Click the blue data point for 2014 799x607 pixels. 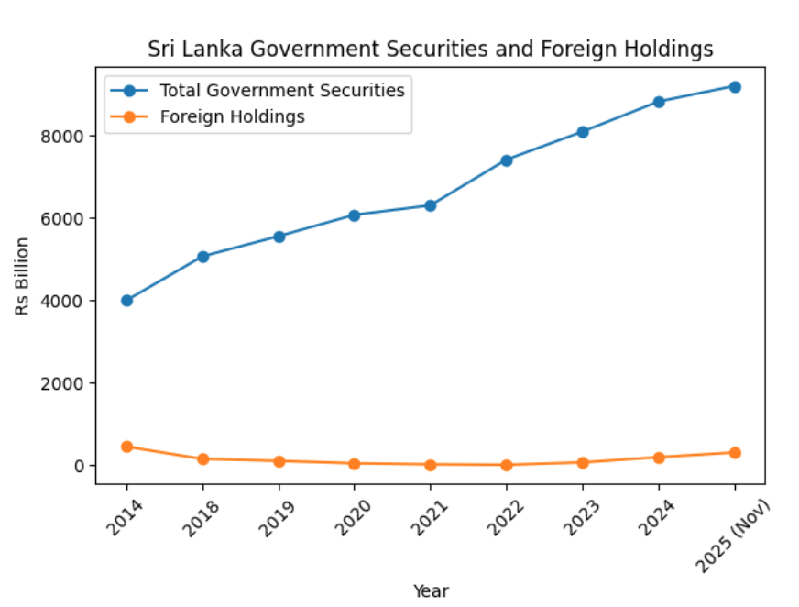[126, 300]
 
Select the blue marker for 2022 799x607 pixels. [507, 160]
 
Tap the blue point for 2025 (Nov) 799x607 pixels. [735, 86]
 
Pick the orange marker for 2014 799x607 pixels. [126, 447]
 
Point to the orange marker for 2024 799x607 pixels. [659, 457]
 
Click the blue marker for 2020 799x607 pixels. [355, 215]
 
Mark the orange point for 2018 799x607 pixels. [202, 458]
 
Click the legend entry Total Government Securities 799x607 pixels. [282, 90]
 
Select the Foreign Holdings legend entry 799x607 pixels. [232, 116]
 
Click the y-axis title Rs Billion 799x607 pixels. [22, 275]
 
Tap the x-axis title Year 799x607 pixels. [431, 591]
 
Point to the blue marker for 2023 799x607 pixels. [583, 132]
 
